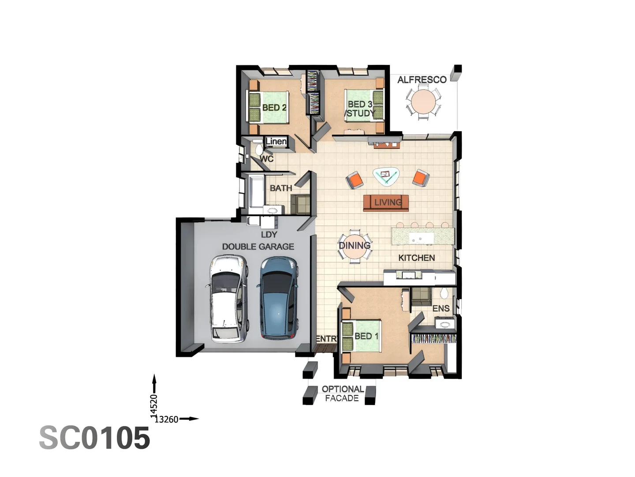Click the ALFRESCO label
(x=422, y=80)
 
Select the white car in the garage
(x=226, y=299)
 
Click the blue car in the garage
(x=278, y=299)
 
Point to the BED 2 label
(x=274, y=107)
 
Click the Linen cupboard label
(x=276, y=141)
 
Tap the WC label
(x=266, y=159)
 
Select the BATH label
(x=281, y=188)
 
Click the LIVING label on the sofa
(x=388, y=202)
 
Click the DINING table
(x=355, y=246)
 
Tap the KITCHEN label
(x=416, y=258)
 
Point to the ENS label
(x=441, y=308)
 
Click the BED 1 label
(x=366, y=336)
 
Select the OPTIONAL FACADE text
(x=343, y=394)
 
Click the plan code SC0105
(x=95, y=438)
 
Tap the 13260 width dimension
(x=167, y=420)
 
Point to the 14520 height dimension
(x=153, y=405)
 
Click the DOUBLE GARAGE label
(x=258, y=247)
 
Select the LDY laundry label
(x=269, y=235)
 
